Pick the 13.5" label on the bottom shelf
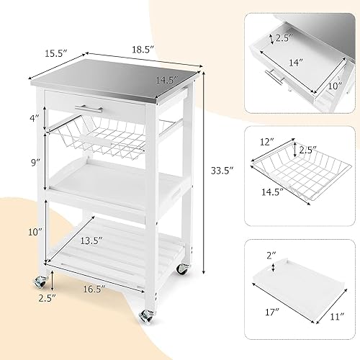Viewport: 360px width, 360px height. click(x=111, y=240)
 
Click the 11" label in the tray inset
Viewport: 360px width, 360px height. click(x=337, y=315)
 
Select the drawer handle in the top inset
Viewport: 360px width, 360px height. click(x=274, y=76)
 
